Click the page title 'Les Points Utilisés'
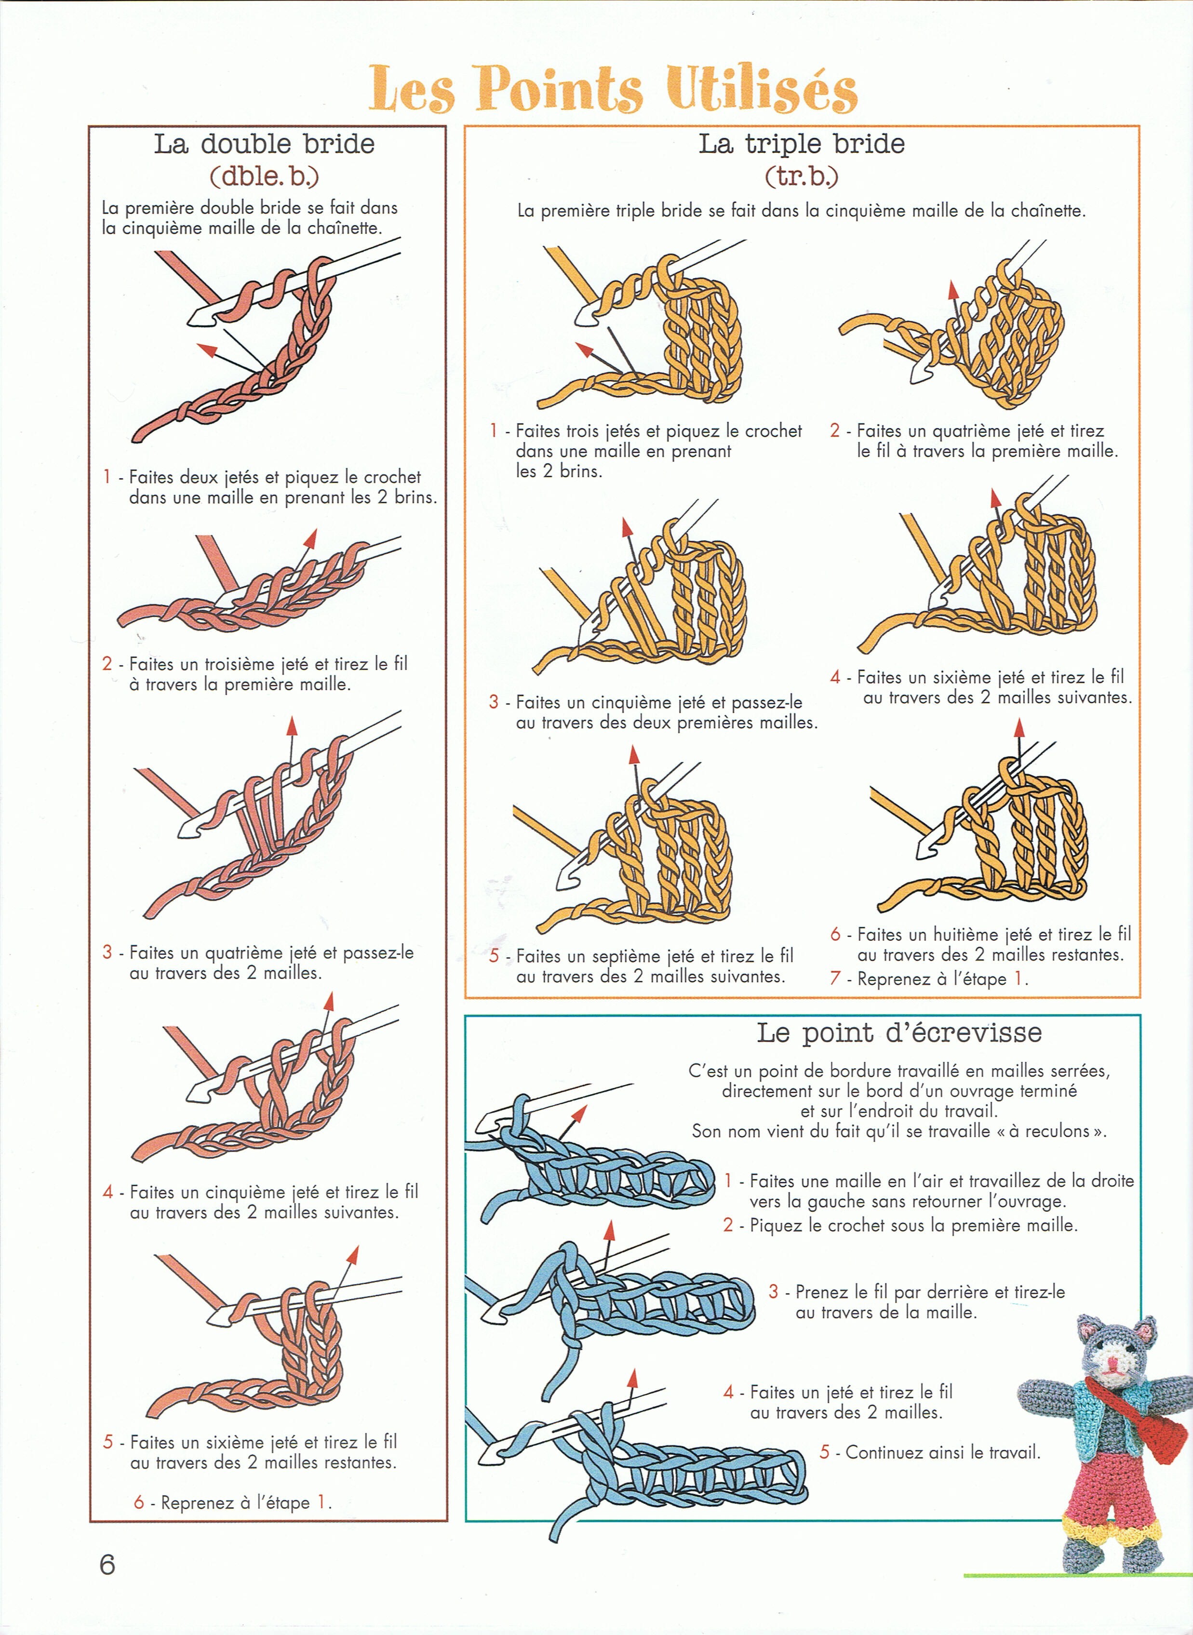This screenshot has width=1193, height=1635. click(x=613, y=89)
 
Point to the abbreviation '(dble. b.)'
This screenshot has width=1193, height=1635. click(x=264, y=175)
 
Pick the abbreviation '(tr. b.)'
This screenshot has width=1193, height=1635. click(x=802, y=175)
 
